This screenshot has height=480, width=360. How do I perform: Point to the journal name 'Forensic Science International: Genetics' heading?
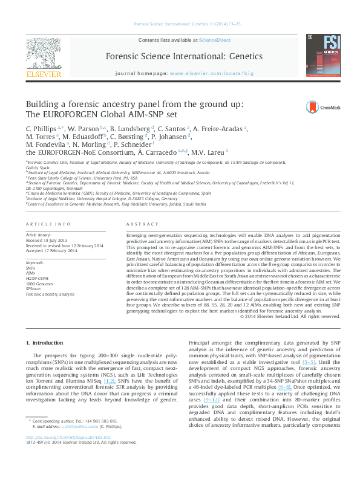184,56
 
